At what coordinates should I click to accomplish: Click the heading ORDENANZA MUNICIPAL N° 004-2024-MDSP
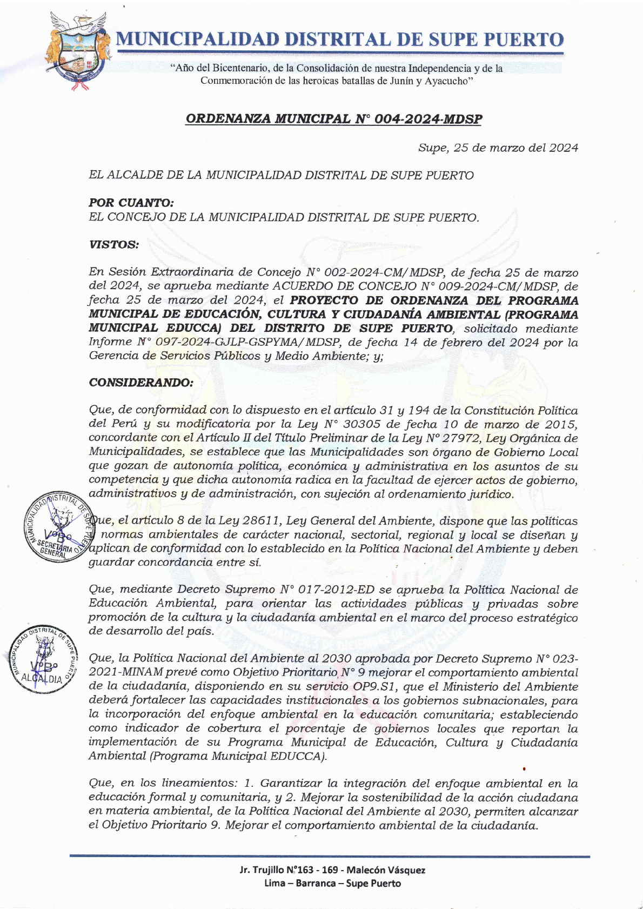[333, 119]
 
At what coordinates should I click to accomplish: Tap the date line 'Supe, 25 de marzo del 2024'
[498, 148]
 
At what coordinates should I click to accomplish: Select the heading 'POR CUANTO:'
[131, 203]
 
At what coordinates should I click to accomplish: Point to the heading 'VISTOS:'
[113, 244]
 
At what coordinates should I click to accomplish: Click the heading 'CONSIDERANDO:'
[140, 383]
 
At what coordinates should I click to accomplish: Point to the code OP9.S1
[386, 687]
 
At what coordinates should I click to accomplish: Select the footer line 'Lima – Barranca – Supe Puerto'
[332, 884]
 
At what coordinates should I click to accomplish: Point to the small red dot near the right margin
[525, 768]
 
